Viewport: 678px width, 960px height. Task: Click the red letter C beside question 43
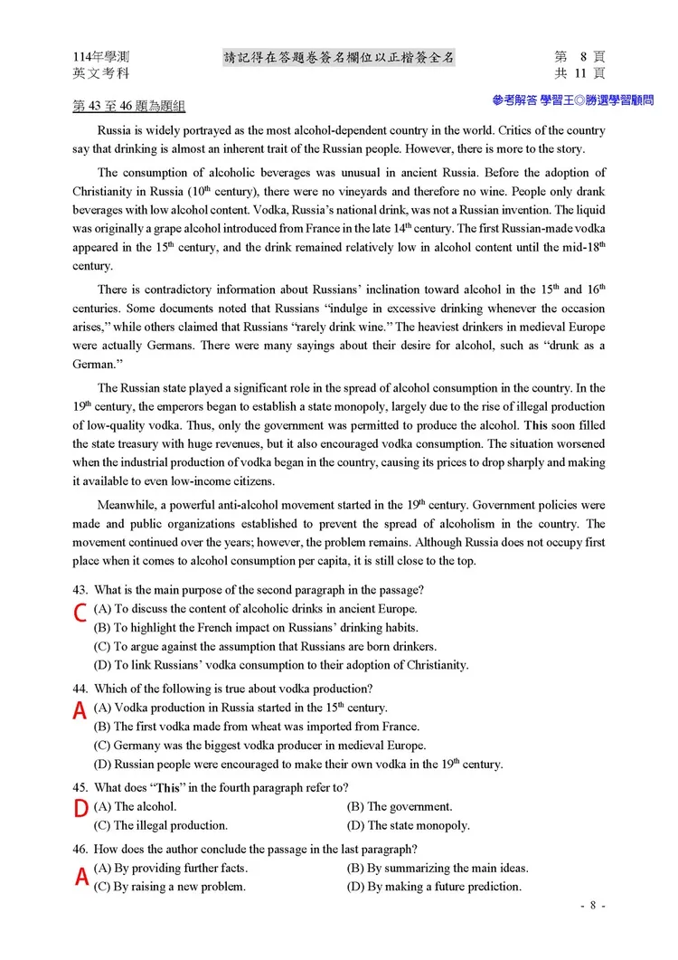tap(80, 613)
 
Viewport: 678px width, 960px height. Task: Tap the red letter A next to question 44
tap(80, 711)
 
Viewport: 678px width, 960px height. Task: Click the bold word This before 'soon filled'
tap(536, 425)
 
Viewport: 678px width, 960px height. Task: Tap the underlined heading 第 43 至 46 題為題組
tap(129, 107)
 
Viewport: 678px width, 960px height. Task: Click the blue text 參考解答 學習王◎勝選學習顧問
tap(572, 100)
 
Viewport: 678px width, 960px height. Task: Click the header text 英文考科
tap(100, 73)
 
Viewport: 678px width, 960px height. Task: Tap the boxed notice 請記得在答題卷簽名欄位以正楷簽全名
tap(339, 58)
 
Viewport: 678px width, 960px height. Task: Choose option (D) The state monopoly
tap(408, 825)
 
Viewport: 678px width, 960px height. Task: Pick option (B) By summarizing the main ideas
tap(438, 868)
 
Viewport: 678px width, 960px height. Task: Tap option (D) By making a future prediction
tap(434, 887)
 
